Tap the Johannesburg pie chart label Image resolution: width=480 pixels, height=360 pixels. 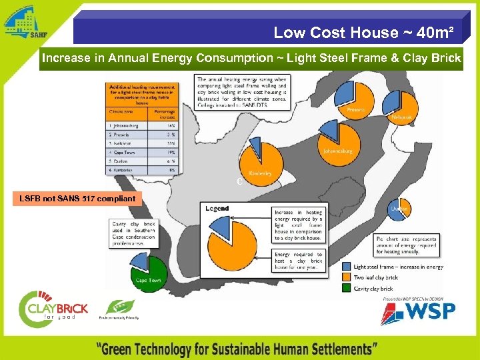(337, 151)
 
